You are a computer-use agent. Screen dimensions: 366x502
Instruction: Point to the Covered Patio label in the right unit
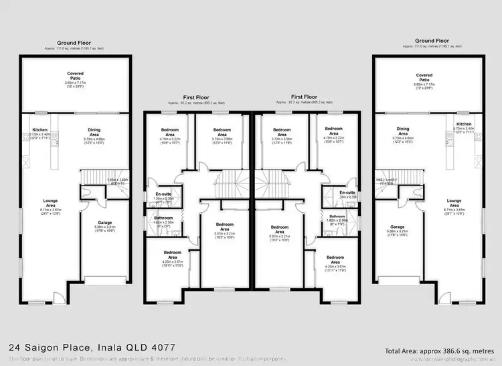pyautogui.click(x=424, y=77)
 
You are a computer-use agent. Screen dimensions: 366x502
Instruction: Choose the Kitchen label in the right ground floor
pyautogui.click(x=464, y=124)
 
